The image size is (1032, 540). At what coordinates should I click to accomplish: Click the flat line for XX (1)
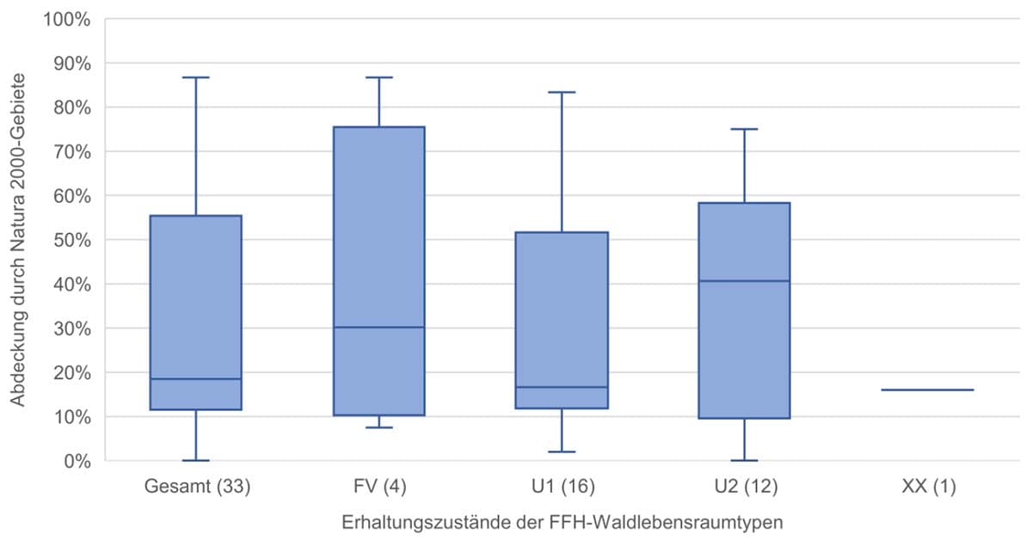928,390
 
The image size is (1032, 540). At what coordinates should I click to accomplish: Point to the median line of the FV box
379,328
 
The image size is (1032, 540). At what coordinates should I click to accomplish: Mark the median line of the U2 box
745,281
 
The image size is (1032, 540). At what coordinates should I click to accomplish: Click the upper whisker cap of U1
562,92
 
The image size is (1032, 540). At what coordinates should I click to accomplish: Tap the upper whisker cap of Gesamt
196,77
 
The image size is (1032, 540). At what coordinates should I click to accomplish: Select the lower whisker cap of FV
379,427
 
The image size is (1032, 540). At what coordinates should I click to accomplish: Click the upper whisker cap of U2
745,129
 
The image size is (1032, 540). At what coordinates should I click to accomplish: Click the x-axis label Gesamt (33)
196,488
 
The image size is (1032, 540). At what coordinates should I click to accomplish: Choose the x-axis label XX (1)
928,488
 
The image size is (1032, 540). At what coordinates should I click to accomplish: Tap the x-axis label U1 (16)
562,488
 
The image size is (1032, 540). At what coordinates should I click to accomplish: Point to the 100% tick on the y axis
68,19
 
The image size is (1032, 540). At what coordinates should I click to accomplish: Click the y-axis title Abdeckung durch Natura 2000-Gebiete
19,240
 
